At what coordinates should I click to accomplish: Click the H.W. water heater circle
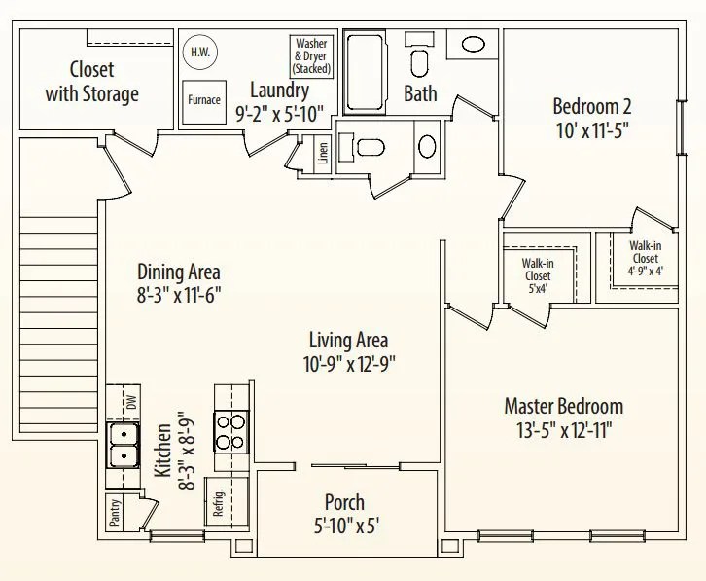(x=200, y=53)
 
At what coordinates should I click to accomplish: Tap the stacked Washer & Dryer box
(x=311, y=56)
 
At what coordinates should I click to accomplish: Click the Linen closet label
(x=322, y=154)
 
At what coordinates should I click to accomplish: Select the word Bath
(x=420, y=94)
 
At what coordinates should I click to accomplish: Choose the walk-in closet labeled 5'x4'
(x=537, y=275)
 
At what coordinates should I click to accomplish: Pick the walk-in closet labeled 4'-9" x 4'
(x=644, y=258)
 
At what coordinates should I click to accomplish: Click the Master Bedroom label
(x=563, y=406)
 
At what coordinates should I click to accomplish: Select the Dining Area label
(x=178, y=272)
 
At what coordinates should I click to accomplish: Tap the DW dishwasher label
(x=131, y=401)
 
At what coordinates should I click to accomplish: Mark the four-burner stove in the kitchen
(x=230, y=432)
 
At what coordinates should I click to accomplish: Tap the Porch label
(x=344, y=502)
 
